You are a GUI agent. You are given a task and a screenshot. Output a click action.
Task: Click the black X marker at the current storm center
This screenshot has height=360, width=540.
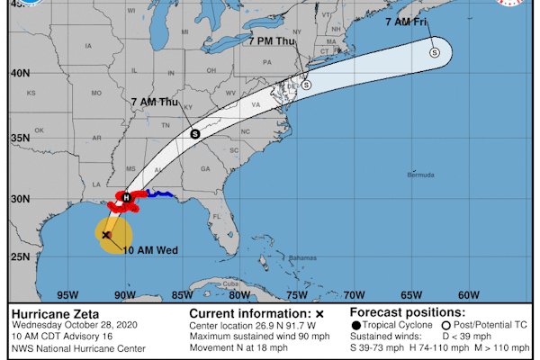(106, 235)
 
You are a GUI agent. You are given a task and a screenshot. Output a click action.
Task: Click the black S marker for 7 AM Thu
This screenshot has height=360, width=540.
(194, 133)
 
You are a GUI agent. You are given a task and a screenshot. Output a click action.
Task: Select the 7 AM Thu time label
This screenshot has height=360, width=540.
(155, 103)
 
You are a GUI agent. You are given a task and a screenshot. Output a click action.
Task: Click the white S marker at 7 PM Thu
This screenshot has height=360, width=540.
(306, 85)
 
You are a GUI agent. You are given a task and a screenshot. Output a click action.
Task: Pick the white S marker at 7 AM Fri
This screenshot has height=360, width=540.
(436, 51)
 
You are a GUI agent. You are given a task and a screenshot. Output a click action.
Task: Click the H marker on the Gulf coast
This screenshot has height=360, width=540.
(127, 197)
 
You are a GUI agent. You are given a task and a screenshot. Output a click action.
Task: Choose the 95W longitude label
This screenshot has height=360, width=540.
(66, 294)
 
